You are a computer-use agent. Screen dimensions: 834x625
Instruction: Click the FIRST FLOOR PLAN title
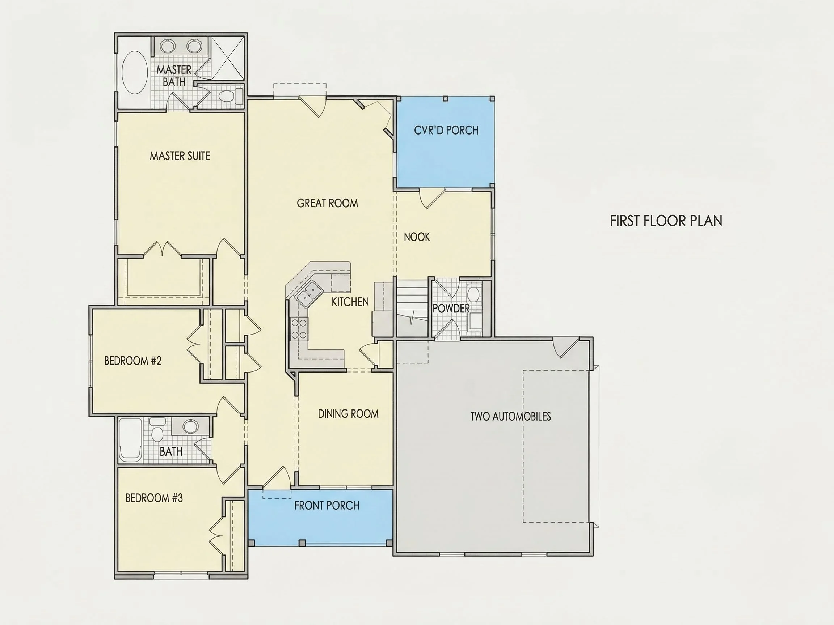[666, 221]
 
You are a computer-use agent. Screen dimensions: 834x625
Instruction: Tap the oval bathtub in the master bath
[135, 73]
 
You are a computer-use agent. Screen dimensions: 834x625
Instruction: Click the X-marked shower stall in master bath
[227, 58]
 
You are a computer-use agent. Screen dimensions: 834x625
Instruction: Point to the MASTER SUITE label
[180, 156]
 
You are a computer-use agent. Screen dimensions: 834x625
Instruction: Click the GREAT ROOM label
[327, 203]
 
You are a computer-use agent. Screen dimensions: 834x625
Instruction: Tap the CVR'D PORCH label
[446, 130]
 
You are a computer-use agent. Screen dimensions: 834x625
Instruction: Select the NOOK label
[417, 237]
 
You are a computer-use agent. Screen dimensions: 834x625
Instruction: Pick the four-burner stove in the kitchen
[299, 329]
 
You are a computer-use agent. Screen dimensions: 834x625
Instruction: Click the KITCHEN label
[350, 302]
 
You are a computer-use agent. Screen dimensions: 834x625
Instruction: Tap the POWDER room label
[451, 309]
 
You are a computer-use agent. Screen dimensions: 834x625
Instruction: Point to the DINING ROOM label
[348, 414]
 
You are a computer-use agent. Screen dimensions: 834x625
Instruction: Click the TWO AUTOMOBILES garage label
[510, 416]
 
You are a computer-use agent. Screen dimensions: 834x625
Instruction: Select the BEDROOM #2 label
[133, 361]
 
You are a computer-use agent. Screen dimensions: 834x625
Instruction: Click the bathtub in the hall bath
[130, 441]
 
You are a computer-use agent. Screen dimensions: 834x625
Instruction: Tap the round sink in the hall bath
[190, 426]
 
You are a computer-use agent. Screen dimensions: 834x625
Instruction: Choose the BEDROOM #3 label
[154, 498]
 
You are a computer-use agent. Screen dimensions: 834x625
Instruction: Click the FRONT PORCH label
[327, 506]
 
